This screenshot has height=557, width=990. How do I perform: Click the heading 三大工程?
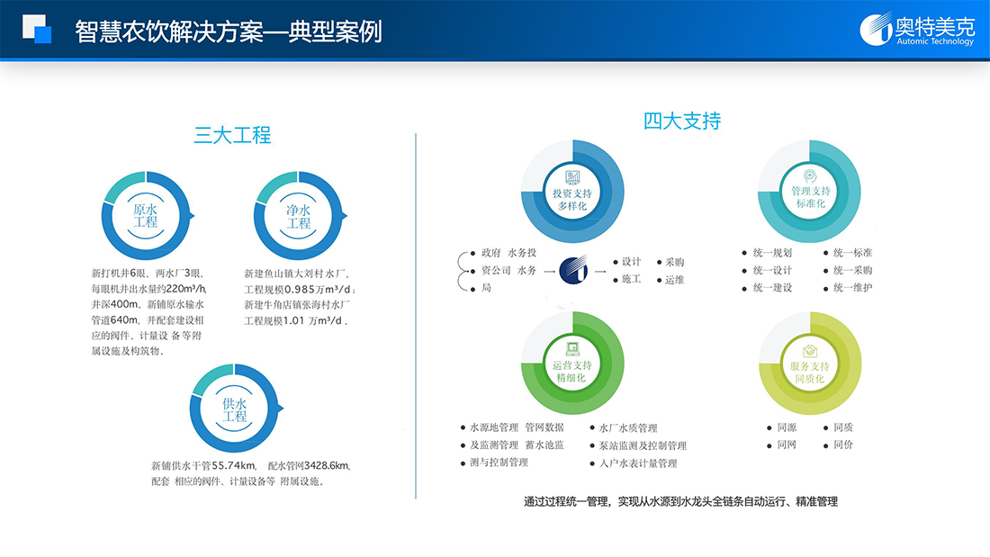click(232, 135)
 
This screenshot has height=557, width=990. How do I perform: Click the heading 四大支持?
click(682, 121)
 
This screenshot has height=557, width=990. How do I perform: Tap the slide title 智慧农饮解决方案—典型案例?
click(229, 31)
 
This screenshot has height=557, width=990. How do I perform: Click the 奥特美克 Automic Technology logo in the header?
click(917, 29)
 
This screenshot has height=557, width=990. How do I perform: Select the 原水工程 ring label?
click(145, 216)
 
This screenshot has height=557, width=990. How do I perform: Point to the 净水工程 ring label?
click(299, 217)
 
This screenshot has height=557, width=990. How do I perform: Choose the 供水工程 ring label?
click(234, 409)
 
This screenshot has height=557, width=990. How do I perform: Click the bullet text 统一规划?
click(772, 253)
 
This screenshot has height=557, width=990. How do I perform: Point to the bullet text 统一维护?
click(852, 287)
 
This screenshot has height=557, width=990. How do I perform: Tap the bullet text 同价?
click(843, 445)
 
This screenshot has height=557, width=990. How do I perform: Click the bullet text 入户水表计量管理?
click(638, 463)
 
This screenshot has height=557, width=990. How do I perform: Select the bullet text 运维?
click(674, 279)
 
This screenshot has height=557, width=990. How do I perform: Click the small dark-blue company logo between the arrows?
click(573, 270)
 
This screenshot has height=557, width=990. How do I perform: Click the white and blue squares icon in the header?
click(37, 29)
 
